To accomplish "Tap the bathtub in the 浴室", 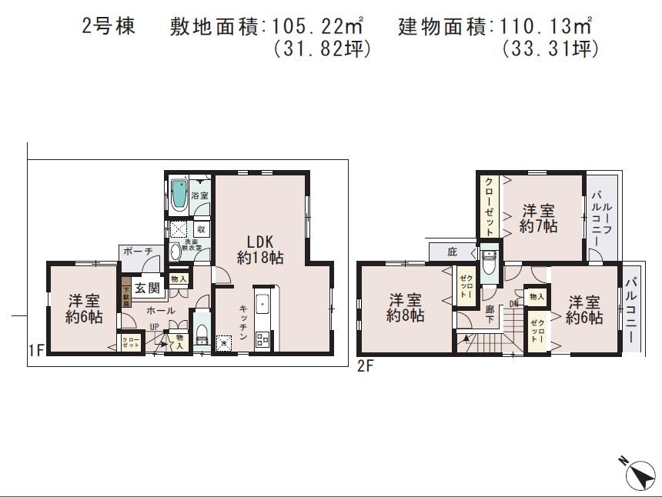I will click(x=179, y=194).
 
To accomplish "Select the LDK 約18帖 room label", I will click(x=259, y=248).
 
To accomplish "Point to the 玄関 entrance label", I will click(x=147, y=289).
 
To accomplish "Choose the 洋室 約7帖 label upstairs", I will click(x=538, y=218).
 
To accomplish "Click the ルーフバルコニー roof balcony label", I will click(x=601, y=218).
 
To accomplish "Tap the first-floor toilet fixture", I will click(x=202, y=333).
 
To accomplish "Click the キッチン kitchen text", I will click(x=242, y=322).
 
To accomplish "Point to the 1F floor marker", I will click(x=35, y=352).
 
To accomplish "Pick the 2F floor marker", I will click(x=366, y=366).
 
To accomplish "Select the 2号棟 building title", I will click(x=109, y=27).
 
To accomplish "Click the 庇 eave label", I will click(x=452, y=251).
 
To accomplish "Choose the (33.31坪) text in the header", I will click(x=550, y=49).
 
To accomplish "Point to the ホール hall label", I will click(x=162, y=311).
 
